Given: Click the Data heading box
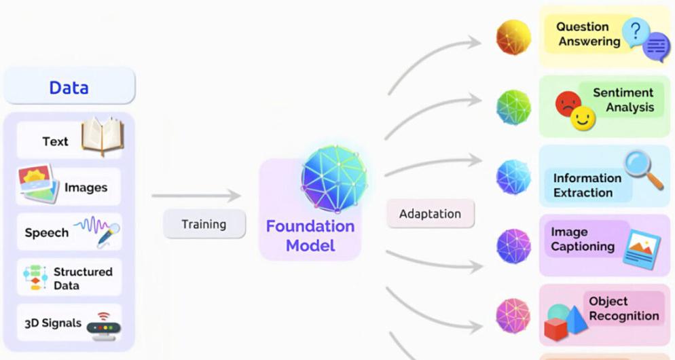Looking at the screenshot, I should [x=69, y=88].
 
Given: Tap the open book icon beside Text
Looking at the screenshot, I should [x=101, y=137].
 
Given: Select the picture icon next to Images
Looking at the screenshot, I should [x=38, y=184].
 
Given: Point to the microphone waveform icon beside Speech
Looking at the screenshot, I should [x=99, y=230].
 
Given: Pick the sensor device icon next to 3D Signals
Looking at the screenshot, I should [x=103, y=325].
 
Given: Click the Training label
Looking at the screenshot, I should [x=204, y=224].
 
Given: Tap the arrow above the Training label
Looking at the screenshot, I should [x=196, y=196].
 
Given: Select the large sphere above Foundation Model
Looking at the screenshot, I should [x=334, y=178].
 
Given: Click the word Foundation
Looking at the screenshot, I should [x=310, y=226].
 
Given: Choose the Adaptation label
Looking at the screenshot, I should [x=430, y=214].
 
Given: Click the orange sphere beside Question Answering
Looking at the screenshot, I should [x=513, y=37].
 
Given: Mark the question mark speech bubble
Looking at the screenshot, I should [x=636, y=31].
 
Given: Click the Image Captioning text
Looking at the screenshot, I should [x=582, y=240].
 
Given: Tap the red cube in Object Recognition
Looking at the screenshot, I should [x=555, y=329].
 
